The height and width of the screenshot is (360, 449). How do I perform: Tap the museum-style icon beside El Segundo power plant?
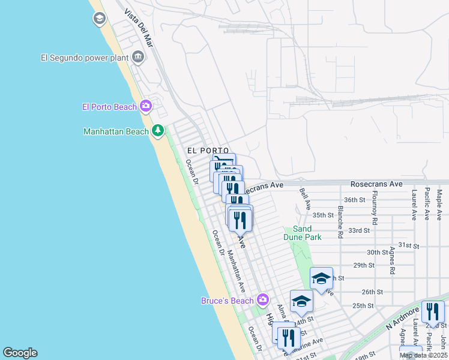pyautogui.click(x=139, y=58)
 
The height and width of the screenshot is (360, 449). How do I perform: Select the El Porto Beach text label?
pyautogui.click(x=110, y=107)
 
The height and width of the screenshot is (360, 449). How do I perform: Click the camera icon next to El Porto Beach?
pyautogui.click(x=146, y=107)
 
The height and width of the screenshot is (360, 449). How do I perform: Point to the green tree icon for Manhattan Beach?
pyautogui.click(x=158, y=130)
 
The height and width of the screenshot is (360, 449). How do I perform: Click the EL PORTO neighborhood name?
pyautogui.click(x=208, y=150)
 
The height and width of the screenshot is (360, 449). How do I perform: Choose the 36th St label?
pyautogui.click(x=355, y=200)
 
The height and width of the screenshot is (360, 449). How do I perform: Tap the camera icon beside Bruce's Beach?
pyautogui.click(x=262, y=299)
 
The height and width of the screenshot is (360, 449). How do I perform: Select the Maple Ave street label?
pyautogui.click(x=440, y=204)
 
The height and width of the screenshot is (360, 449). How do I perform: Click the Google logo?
pyautogui.click(x=20, y=353)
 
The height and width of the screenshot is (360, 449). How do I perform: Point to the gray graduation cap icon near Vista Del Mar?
pyautogui.click(x=99, y=19)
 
